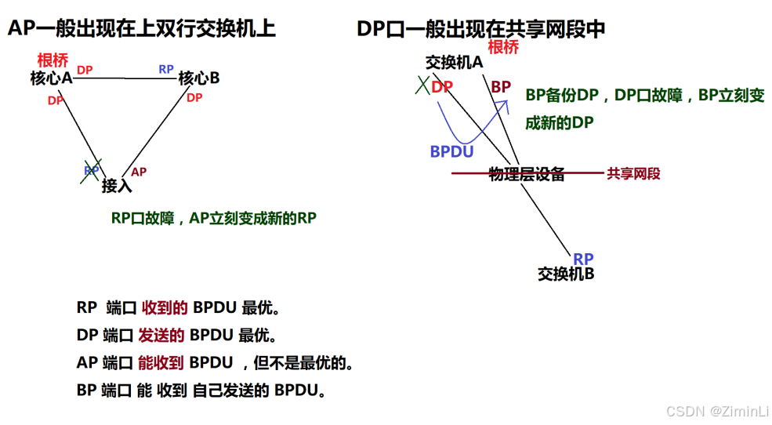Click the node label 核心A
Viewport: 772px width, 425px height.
[51, 78]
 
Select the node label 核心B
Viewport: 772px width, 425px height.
[198, 78]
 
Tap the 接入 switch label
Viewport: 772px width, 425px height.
[117, 187]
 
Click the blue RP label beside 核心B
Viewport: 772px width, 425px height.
[166, 69]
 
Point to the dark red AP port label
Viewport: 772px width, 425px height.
[138, 172]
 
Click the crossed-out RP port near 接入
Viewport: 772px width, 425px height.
[92, 170]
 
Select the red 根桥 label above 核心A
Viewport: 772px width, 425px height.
[53, 60]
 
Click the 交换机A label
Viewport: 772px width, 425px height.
[454, 62]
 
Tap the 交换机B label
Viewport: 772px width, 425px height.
[565, 274]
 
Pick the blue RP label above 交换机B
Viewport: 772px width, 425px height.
[583, 259]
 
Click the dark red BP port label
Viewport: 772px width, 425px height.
[501, 86]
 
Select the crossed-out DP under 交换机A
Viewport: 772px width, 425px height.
[441, 86]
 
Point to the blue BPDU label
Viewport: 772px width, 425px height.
[451, 151]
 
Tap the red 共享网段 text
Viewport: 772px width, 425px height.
[633, 174]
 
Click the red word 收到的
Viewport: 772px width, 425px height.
[165, 308]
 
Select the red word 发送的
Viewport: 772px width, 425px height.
[161, 336]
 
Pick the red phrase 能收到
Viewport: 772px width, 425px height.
[161, 362]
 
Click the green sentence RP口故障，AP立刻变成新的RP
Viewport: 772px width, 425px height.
[213, 219]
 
